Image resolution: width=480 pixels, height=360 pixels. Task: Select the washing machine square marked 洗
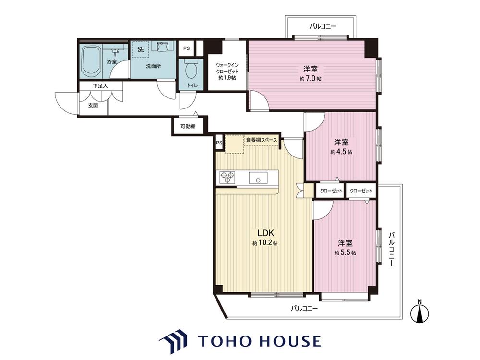coord(140,49)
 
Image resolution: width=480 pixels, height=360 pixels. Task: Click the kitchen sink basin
coord(258,178)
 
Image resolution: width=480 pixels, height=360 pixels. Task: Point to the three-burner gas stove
coord(228,178)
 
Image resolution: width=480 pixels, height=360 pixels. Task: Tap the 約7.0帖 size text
coord(311,79)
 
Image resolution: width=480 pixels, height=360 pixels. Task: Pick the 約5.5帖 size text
coord(345,253)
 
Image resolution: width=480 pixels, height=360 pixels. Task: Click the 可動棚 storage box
coord(188,126)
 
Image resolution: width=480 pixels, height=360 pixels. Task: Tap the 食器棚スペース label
coord(262,140)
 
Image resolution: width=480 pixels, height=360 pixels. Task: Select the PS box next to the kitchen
coord(219,143)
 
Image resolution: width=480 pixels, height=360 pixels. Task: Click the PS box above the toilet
coord(186,48)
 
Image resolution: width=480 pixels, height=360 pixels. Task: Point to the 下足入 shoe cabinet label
coord(100,86)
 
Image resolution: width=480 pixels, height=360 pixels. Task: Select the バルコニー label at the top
coord(323,26)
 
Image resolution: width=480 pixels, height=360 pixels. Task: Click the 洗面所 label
coord(154,66)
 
